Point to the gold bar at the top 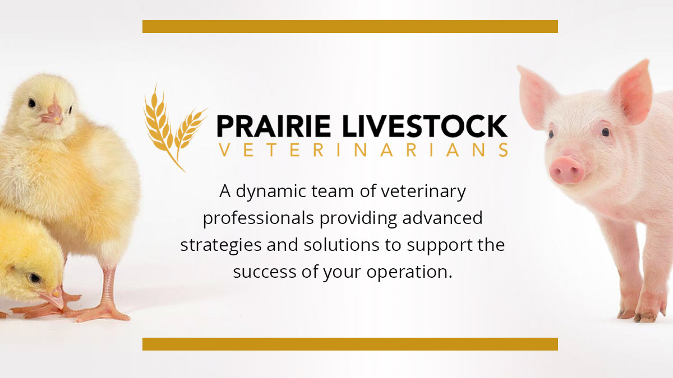350,26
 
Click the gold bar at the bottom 350,344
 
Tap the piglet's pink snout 567,169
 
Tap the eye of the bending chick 35,277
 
